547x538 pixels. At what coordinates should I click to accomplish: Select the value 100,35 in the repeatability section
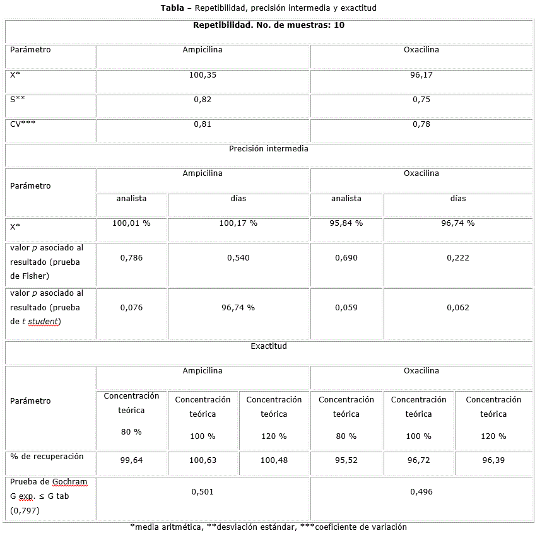(x=203, y=75)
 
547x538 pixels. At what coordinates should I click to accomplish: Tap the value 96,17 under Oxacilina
(x=421, y=75)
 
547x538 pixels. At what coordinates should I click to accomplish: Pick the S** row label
(x=18, y=100)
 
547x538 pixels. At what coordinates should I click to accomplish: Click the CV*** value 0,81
(x=203, y=124)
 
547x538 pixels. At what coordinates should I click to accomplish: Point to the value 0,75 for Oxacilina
(x=421, y=100)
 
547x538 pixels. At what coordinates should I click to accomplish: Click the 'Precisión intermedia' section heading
(x=268, y=149)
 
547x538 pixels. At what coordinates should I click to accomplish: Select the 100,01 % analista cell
(x=131, y=223)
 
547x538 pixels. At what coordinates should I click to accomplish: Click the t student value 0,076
(x=131, y=308)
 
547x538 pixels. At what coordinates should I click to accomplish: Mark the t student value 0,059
(x=346, y=308)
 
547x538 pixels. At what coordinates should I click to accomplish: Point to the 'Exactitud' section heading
(x=268, y=346)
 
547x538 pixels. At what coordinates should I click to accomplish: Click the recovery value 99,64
(x=131, y=460)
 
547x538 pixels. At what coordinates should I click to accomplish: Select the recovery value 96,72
(x=418, y=460)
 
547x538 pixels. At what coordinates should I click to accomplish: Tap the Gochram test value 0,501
(x=203, y=492)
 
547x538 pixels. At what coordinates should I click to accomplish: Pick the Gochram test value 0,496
(x=421, y=492)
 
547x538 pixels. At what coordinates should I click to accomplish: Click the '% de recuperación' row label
(x=47, y=457)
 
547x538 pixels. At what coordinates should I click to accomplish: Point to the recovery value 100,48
(x=274, y=460)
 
